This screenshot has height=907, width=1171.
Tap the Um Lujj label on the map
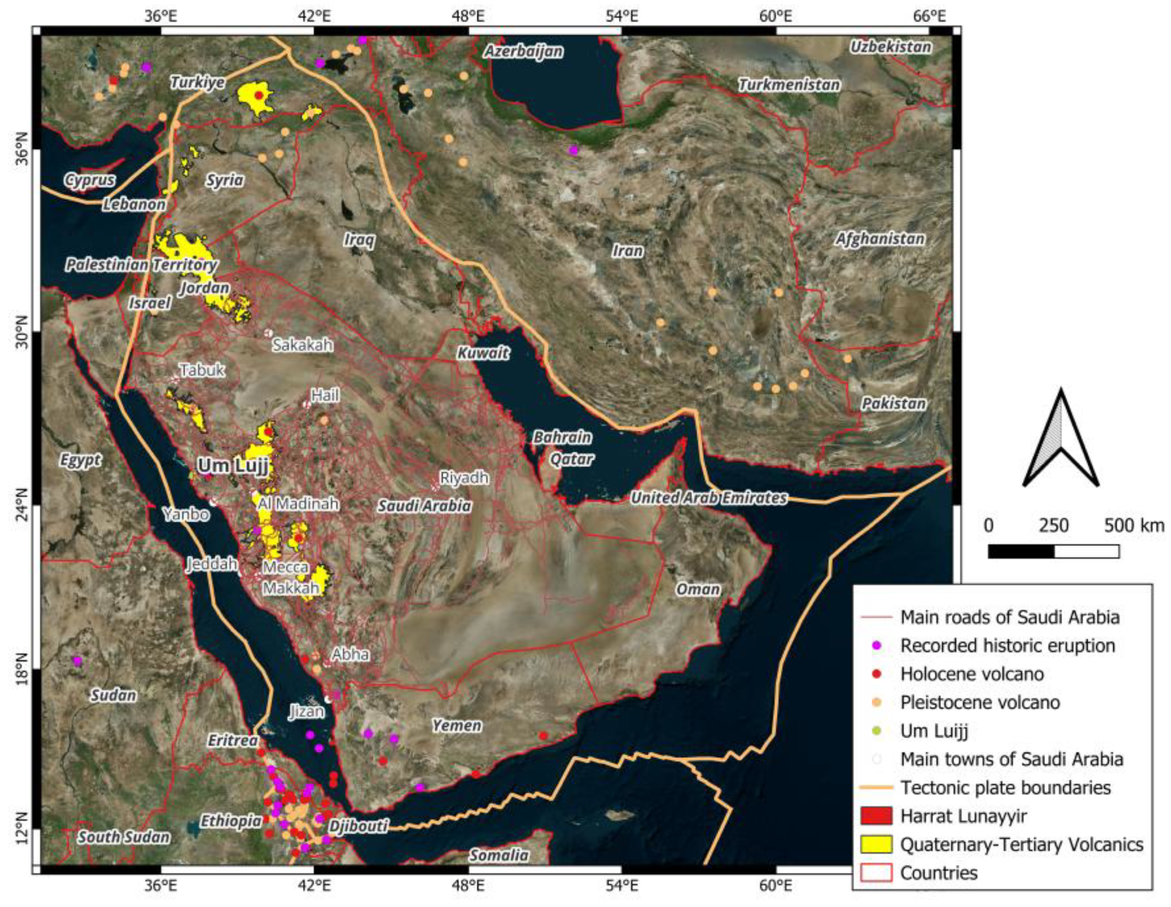pos(233,465)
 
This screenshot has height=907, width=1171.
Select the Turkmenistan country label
pos(789,85)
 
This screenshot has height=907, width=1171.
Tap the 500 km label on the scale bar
pos(1133,526)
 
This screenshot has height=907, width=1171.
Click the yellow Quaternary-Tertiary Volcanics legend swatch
pos(876,844)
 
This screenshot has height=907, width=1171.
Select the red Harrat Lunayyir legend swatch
pos(876,816)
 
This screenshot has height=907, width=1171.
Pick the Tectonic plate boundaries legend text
pos(1005,788)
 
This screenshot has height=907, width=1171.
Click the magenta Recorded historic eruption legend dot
pos(876,646)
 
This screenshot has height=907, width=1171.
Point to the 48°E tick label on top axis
pos(469,17)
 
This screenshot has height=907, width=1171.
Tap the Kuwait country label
pos(482,353)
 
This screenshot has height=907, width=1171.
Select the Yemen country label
pos(457,725)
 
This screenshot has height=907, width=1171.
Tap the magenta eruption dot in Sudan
pos(77,661)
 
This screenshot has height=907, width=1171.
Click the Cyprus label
pos(90,180)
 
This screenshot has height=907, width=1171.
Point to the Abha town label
pos(350,654)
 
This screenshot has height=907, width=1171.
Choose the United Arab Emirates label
pos(708,498)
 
